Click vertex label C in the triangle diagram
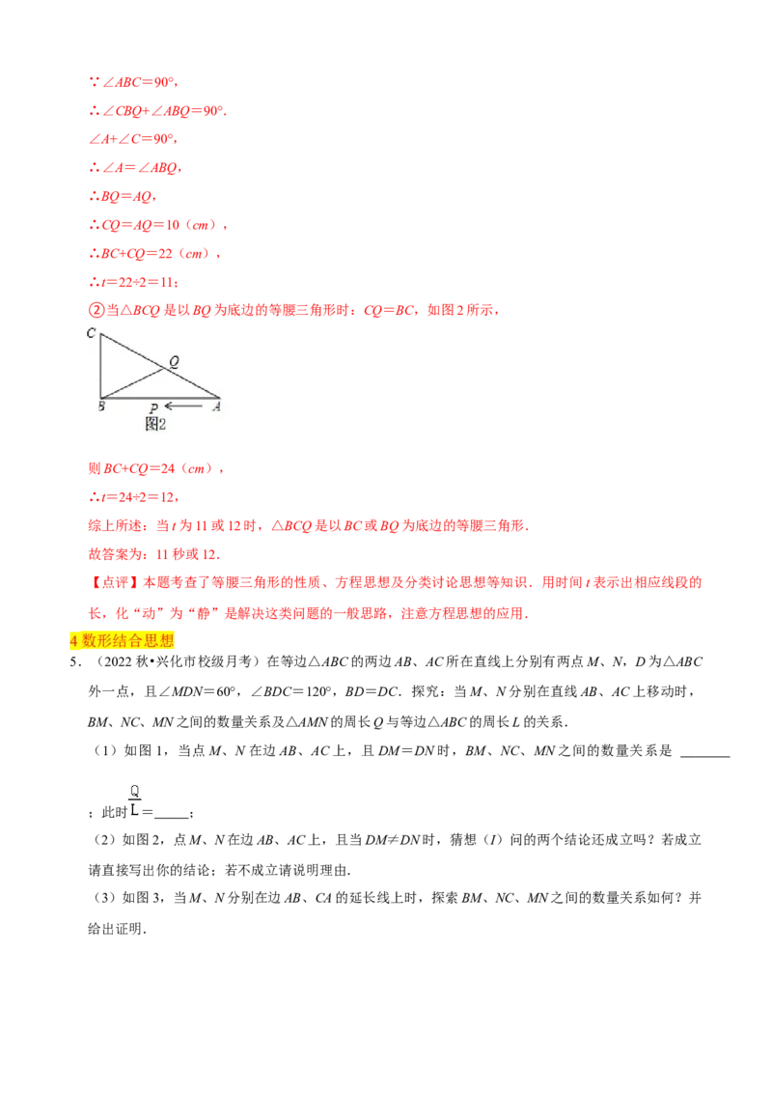[91, 333]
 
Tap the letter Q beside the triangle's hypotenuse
[174, 362]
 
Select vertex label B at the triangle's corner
[100, 406]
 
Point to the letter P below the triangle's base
[153, 408]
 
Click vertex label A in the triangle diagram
[216, 406]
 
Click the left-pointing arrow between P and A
[183, 406]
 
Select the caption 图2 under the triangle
[156, 423]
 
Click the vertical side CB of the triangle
[100, 365]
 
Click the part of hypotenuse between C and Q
[131, 350]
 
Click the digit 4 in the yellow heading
[73, 640]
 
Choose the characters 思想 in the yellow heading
[161, 640]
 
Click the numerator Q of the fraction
[134, 791]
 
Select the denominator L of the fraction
[133, 810]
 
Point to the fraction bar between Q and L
[134, 800]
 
